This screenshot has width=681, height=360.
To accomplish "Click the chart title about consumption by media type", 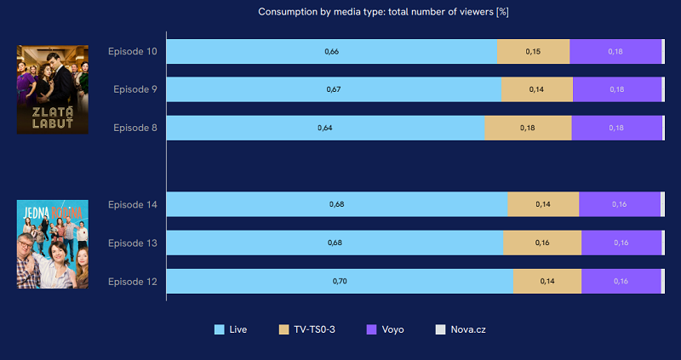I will pos(383,12).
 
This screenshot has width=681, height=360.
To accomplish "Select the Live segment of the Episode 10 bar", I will pos(331,52).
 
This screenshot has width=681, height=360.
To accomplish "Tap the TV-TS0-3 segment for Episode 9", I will pos(536,89).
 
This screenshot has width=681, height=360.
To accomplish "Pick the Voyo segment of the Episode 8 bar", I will pos(616,128).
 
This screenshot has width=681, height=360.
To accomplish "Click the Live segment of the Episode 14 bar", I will pos(336,204).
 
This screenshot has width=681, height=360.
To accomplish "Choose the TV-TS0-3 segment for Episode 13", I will pos(542,243).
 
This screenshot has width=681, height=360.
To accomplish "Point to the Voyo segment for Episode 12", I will pos(621,281).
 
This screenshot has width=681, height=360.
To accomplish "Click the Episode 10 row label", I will pos(132,51).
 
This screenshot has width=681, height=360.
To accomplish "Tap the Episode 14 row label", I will pos(132,204).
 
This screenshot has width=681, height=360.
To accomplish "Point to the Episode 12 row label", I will pos(132,281).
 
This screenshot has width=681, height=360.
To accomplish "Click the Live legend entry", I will pos(230,329).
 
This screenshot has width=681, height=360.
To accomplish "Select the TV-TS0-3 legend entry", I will pos(307,329).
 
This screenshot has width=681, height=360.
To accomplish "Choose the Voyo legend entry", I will pos(387,329).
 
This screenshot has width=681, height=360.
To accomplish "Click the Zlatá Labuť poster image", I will pos(52,89).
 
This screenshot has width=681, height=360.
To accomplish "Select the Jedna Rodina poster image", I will pos(52,243).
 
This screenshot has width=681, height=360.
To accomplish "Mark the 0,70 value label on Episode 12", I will pos(340,281).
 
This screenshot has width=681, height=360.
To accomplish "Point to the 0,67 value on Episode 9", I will pos(334,89).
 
